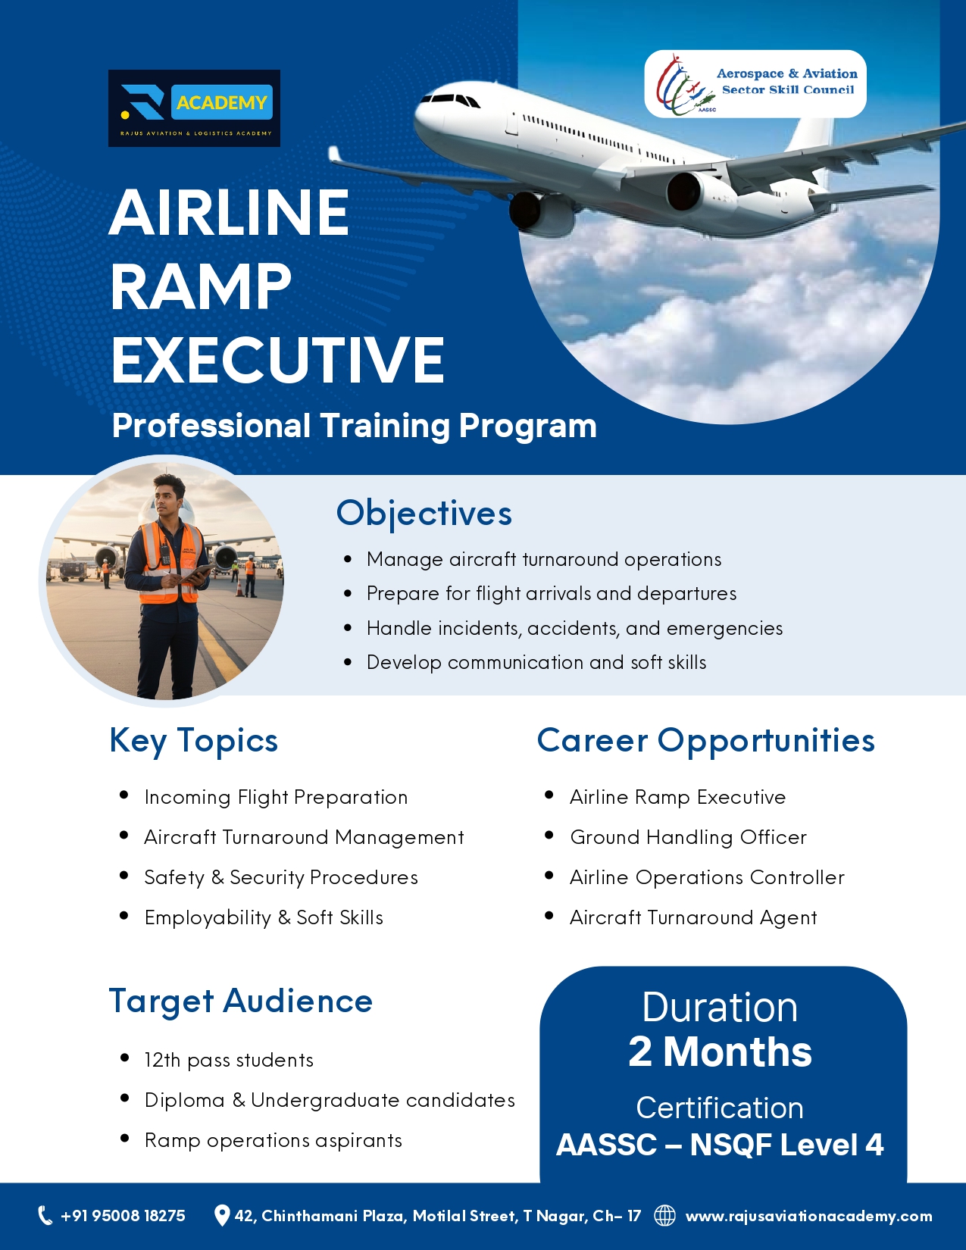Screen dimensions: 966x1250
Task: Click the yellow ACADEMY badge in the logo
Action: click(x=221, y=102)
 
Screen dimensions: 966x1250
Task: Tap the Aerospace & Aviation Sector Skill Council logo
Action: click(x=755, y=84)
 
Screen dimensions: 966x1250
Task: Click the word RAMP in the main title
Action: click(x=201, y=286)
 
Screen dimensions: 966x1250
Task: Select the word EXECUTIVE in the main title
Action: click(x=277, y=360)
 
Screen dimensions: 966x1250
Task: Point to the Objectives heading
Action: click(x=424, y=513)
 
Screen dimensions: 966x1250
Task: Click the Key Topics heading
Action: click(x=193, y=739)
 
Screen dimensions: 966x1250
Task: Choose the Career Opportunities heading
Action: click(x=706, y=739)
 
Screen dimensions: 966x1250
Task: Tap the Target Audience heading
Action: click(x=241, y=1001)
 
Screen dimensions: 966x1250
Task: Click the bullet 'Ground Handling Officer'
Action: click(x=688, y=837)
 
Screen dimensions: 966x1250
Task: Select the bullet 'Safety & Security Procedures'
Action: click(x=281, y=877)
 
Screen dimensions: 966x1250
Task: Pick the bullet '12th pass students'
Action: click(x=228, y=1060)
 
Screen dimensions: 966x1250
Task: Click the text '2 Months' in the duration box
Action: click(x=720, y=1051)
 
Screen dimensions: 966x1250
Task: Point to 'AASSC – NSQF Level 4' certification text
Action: click(x=720, y=1144)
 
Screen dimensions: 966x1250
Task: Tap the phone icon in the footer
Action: click(x=45, y=1215)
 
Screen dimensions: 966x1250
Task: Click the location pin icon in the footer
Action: click(x=221, y=1215)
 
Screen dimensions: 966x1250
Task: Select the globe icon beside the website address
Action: click(x=665, y=1215)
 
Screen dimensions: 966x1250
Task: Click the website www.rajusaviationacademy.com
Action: click(x=809, y=1216)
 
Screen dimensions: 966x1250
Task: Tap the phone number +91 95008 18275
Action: click(x=123, y=1215)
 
